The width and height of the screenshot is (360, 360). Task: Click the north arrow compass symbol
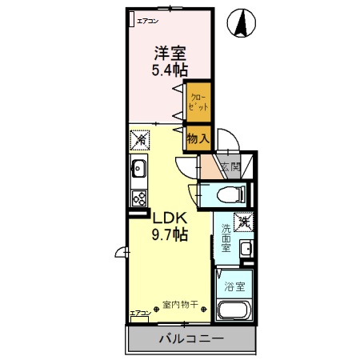240,23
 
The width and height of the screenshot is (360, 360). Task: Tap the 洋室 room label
170,54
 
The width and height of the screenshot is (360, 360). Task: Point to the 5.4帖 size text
170,70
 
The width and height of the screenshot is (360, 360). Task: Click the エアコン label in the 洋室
148,19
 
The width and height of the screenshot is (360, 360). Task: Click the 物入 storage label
198,138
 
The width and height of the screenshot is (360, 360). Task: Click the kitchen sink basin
137,169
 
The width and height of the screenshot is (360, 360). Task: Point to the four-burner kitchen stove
138,196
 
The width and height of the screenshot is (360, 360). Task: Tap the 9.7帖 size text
170,235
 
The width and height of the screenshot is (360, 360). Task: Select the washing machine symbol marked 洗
242,221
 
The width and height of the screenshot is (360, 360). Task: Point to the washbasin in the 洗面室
246,249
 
